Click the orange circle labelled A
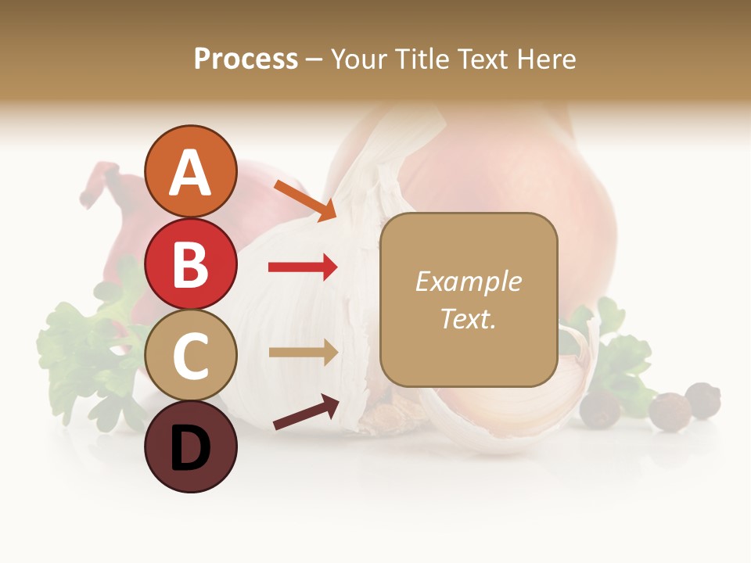190,171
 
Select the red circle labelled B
190,264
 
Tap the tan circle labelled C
190,355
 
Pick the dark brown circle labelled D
190,446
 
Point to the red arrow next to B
303,267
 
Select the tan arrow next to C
303,353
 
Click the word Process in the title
246,59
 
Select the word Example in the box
468,281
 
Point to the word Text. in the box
468,318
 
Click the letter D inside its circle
190,448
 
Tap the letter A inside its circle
190,172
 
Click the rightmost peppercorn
703,400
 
